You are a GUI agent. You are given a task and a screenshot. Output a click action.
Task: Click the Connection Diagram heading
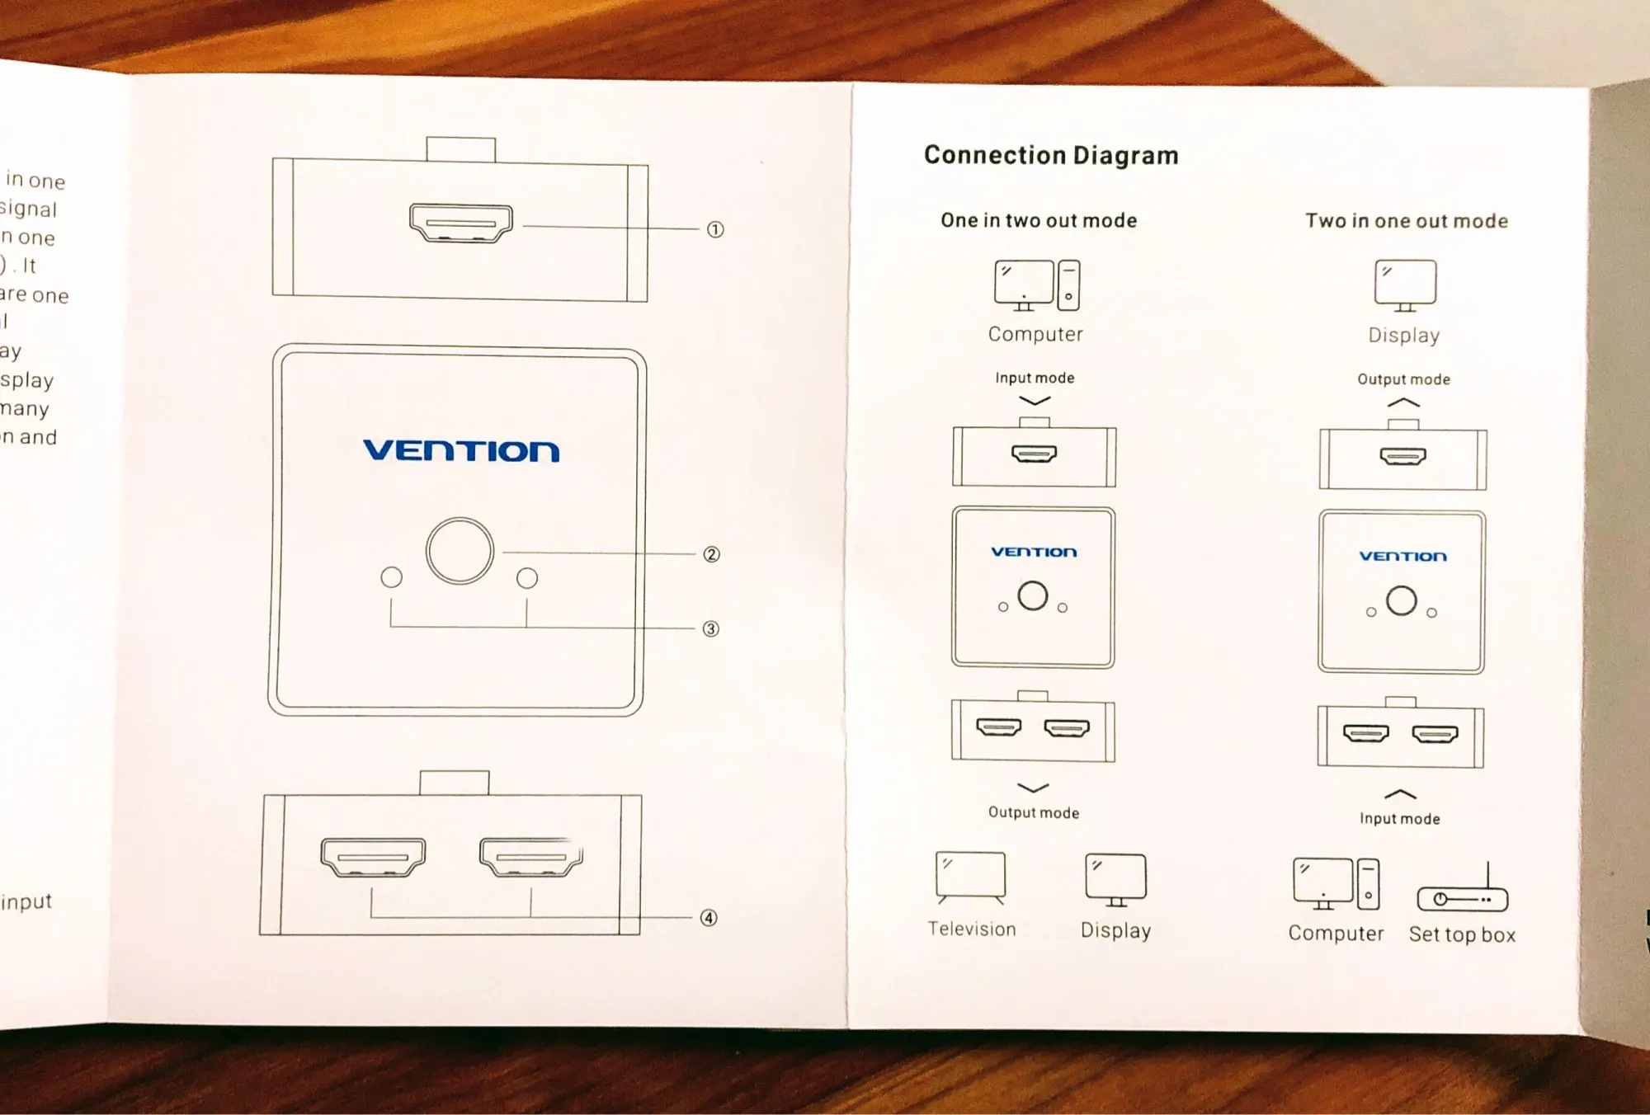(1050, 155)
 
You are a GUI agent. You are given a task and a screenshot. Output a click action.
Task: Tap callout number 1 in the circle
(715, 229)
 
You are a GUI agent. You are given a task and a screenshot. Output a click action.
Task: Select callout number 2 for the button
(711, 554)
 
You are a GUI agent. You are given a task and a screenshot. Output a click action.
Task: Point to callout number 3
(710, 629)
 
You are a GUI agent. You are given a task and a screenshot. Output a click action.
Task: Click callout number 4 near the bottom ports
(709, 918)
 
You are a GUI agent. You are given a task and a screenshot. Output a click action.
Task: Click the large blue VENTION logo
(461, 450)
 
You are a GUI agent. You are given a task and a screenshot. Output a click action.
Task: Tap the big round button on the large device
(460, 551)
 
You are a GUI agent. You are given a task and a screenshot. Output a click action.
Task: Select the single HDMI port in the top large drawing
(461, 223)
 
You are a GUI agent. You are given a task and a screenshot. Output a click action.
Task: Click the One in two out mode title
(1039, 220)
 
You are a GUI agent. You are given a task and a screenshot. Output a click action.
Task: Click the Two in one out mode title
(1406, 221)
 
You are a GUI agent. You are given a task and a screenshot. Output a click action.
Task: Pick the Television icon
(971, 877)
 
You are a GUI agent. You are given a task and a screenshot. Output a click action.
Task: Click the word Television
(972, 929)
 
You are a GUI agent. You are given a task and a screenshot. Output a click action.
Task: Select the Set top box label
(1462, 934)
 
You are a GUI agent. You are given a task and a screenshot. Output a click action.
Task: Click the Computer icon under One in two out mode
(1036, 285)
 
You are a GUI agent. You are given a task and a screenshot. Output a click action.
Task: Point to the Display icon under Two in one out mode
(1405, 285)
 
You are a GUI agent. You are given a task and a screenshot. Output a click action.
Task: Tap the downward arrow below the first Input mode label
(1035, 401)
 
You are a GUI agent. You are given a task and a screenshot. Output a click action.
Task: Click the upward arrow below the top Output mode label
(1403, 403)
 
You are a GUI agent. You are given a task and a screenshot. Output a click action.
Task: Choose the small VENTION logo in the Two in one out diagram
(1402, 557)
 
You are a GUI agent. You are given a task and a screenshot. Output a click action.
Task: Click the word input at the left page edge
(26, 901)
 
